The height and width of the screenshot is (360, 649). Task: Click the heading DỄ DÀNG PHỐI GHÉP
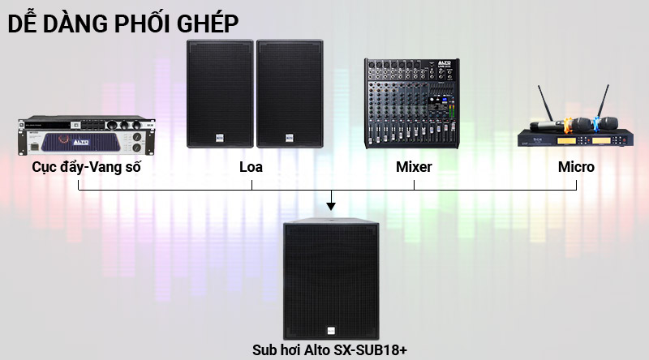[123, 23]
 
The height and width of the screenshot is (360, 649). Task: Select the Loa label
[251, 168]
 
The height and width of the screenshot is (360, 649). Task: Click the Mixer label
[414, 168]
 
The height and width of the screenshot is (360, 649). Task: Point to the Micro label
[576, 168]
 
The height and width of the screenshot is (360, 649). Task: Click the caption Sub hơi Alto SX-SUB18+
[329, 350]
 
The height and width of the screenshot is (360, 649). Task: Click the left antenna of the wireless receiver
[541, 105]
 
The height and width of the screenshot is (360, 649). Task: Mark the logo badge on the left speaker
[219, 138]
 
